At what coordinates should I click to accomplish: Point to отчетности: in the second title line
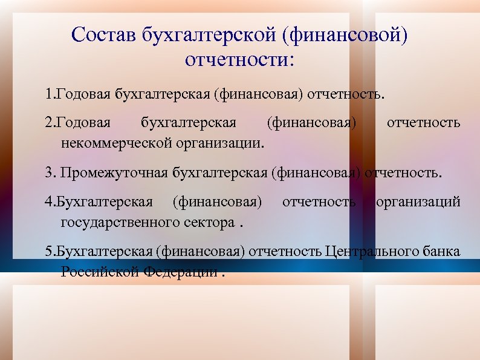pos(240,60)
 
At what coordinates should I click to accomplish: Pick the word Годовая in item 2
pos(83,124)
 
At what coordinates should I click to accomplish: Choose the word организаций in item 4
pos(418,201)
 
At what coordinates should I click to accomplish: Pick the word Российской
pos(100,271)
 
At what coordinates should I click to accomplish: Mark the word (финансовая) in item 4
pos(217,201)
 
